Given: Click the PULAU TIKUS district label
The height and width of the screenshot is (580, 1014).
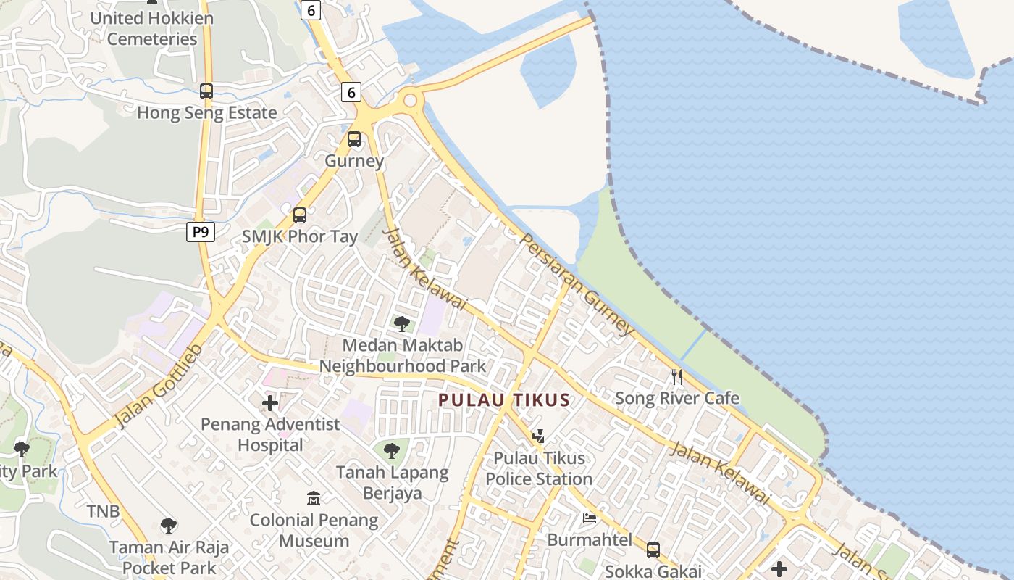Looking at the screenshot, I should [504, 399].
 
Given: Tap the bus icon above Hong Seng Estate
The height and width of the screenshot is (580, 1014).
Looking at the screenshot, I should [206, 91].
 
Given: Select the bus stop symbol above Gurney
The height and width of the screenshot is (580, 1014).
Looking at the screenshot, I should [354, 138].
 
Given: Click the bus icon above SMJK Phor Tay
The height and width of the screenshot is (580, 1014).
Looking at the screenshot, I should [300, 215].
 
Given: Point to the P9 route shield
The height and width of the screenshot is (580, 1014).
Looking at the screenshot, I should [200, 232].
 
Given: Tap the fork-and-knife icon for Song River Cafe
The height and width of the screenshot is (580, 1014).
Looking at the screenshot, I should [677, 376].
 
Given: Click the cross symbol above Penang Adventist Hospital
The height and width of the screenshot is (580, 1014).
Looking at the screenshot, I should [270, 403].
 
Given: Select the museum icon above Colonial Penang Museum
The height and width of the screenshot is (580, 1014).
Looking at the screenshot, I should [314, 499].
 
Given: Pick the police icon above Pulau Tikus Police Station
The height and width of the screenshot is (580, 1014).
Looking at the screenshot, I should [538, 436].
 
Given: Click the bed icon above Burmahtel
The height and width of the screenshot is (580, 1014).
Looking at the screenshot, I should [590, 518].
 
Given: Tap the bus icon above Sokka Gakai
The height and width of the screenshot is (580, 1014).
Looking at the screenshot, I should [653, 550].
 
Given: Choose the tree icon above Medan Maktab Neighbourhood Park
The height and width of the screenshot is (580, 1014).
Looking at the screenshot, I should [402, 323].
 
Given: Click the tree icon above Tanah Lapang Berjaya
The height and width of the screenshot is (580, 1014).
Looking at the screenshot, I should [392, 451].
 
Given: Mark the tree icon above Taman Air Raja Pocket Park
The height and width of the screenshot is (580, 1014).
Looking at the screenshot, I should [169, 525].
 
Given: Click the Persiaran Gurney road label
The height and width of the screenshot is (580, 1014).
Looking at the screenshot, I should [577, 283].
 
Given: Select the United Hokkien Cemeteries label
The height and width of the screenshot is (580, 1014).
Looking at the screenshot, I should [152, 28].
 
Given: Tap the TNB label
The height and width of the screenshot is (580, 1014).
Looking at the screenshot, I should [104, 511].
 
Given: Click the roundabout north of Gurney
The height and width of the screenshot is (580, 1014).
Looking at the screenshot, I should [412, 100].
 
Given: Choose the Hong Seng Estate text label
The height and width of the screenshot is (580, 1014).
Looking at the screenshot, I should [207, 113].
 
